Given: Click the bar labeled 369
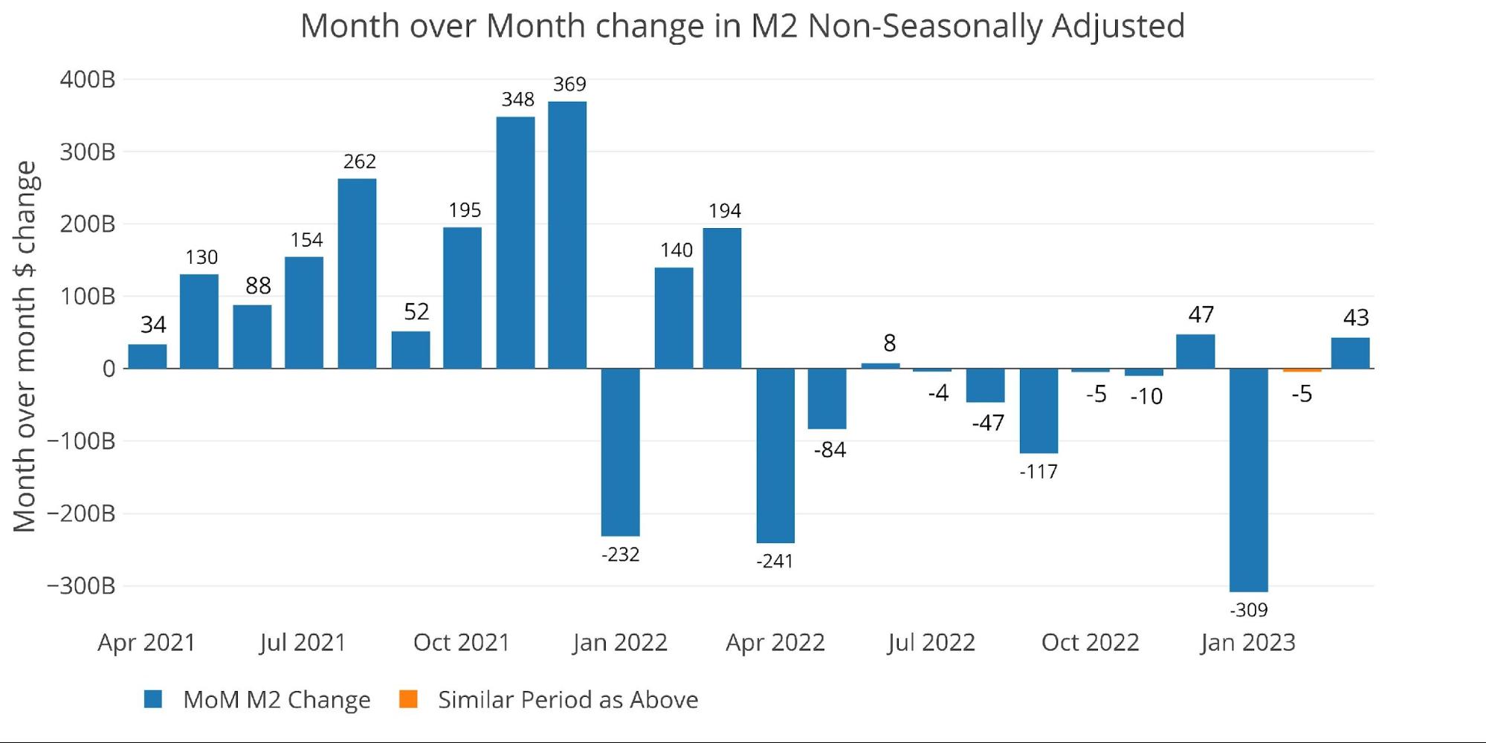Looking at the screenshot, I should [x=567, y=235].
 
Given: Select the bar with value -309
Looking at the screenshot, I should [x=1248, y=480].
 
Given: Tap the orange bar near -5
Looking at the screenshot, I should [x=1302, y=370].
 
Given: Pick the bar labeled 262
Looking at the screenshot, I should [x=357, y=273].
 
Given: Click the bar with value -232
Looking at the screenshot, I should [x=620, y=452].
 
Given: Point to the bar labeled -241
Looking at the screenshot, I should [x=775, y=455].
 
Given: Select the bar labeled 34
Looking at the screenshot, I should [x=147, y=357].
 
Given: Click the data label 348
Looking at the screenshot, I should [x=517, y=100].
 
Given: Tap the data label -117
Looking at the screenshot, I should [x=1038, y=472].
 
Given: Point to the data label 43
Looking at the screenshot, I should [x=1356, y=318].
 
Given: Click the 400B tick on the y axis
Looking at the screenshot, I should [x=88, y=80].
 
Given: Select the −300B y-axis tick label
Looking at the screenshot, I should [x=81, y=585].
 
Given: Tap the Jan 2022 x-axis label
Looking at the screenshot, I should [x=620, y=643].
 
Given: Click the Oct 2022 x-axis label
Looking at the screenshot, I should [x=1090, y=643].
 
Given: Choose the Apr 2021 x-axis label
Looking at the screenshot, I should [x=146, y=643].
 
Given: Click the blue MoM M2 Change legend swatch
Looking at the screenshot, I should [x=153, y=699].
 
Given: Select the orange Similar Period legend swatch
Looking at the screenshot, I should [x=408, y=699].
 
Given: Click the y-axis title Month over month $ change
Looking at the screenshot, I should [x=25, y=346].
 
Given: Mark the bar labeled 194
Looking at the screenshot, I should [x=722, y=298].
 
